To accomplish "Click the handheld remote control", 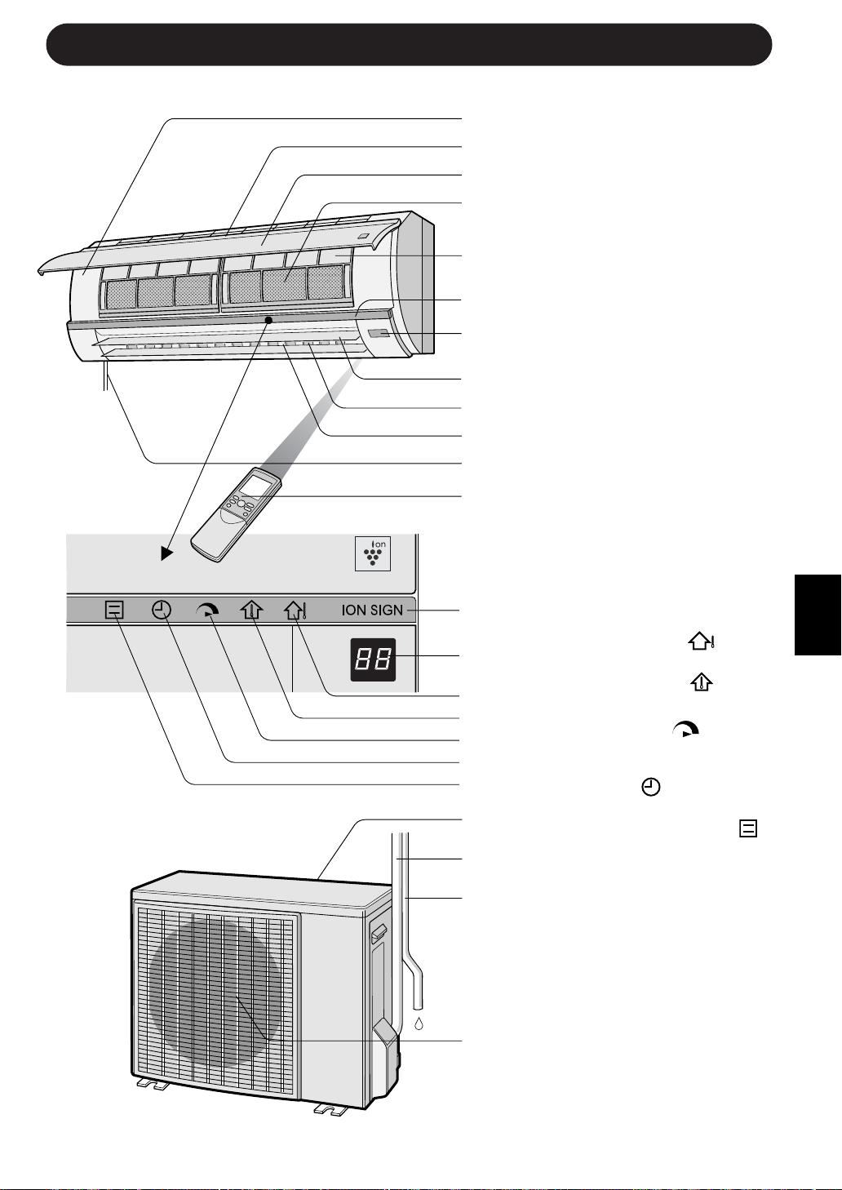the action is point(236,514).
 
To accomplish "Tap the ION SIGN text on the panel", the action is point(372,610).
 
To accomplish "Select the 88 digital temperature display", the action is point(374,659).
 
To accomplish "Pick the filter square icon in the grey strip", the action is point(114,610).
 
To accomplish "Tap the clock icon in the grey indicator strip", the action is point(162,610).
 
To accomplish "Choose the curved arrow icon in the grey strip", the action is point(207,610).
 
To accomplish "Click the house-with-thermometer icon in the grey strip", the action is point(294,610).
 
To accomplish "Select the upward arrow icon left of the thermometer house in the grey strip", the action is point(251,610).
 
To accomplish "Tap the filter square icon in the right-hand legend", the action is point(747,828).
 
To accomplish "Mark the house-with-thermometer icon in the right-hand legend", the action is point(702,642).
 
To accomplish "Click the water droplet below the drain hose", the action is point(419,1023).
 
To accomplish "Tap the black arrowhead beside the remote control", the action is point(166,553).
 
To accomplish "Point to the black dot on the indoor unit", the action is point(268,321).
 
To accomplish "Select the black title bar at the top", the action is point(409,44).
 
